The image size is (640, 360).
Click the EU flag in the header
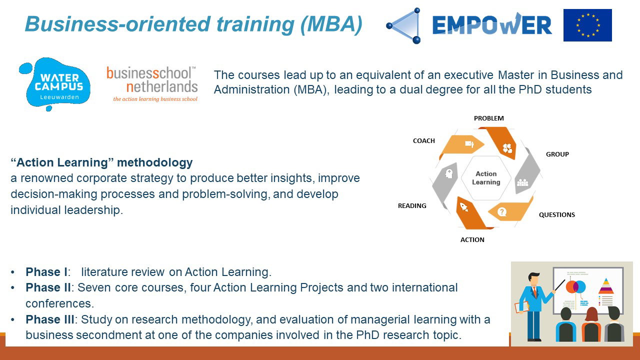(587, 25)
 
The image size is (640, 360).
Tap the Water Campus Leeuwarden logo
(55, 84)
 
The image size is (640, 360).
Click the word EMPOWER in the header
(492, 24)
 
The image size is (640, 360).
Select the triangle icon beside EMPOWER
(403, 25)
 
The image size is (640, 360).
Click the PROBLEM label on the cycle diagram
(489, 118)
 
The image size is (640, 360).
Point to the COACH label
(423, 141)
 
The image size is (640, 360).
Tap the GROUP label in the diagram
(557, 154)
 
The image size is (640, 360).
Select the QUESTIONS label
(557, 215)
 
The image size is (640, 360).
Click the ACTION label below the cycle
(472, 239)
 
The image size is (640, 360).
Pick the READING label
(412, 205)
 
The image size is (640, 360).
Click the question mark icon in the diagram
(501, 211)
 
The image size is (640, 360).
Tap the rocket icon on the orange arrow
(463, 207)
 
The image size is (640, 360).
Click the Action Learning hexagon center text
(486, 177)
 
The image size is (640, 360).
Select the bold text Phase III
(49, 319)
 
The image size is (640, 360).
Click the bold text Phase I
(46, 272)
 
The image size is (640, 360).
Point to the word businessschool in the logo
(149, 73)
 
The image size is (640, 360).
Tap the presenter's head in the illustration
(533, 279)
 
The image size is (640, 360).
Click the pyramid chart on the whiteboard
(606, 285)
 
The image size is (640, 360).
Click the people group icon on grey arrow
(522, 182)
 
